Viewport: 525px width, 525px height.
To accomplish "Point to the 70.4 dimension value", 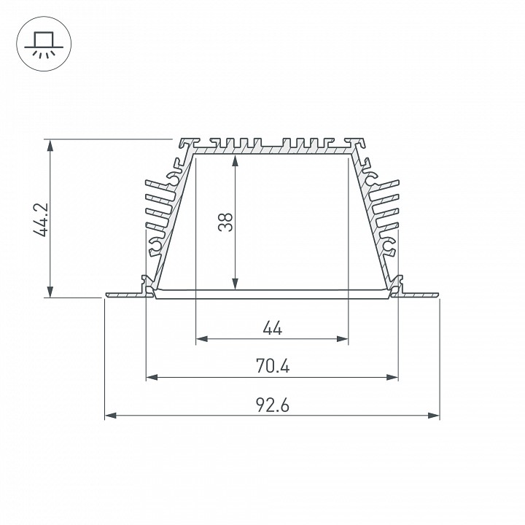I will point(272,366).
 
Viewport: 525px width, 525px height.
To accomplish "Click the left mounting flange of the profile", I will point(124,295).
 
